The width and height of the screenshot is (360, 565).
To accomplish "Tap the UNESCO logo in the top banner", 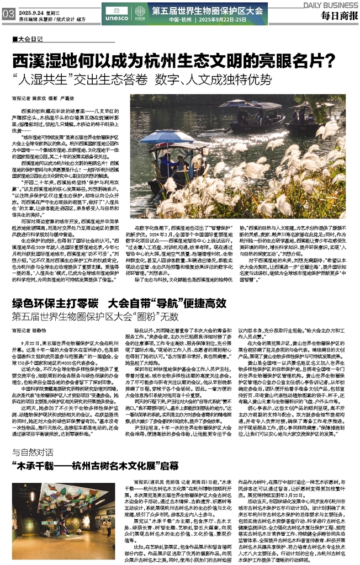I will point(113,10).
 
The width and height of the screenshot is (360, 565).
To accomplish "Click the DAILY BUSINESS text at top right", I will point(330,4).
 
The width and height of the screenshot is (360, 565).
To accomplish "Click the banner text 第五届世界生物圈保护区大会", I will point(207,9).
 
